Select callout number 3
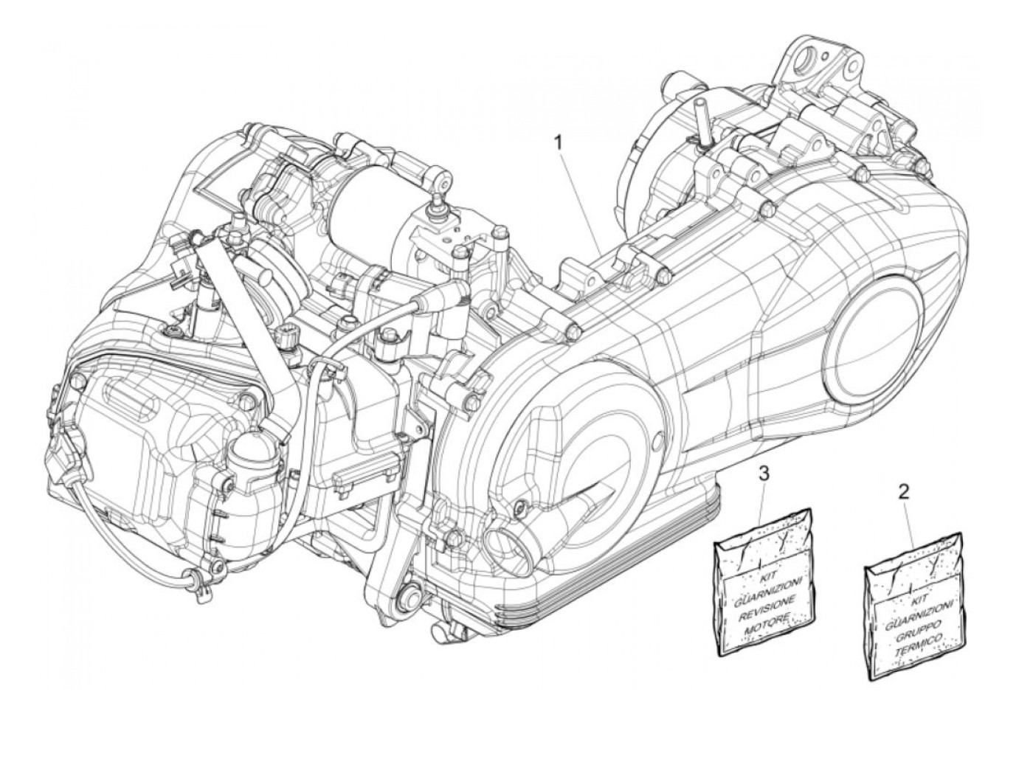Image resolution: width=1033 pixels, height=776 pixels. [764, 473]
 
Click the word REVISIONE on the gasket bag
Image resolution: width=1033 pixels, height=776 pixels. [765, 603]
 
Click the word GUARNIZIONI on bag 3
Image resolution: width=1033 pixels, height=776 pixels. [759, 588]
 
